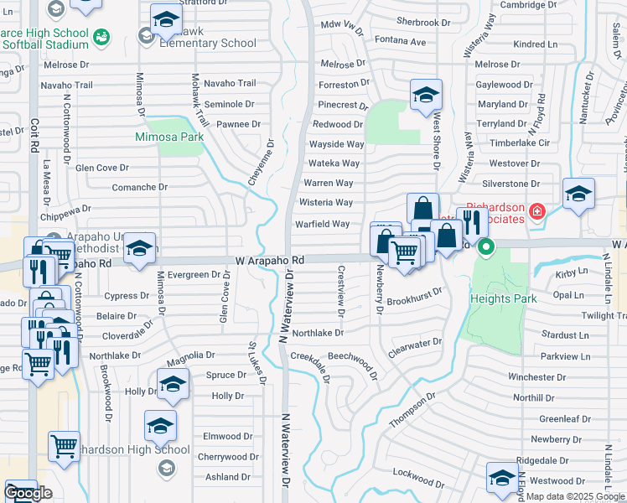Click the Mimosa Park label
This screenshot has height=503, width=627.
pyautogui.click(x=169, y=137)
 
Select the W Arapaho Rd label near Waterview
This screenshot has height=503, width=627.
pyautogui.click(x=268, y=262)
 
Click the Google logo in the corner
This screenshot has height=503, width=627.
pyautogui.click(x=28, y=494)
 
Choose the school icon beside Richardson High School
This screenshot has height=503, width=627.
pyautogui.click(x=160, y=424)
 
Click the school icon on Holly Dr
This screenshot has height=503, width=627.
pyautogui.click(x=173, y=385)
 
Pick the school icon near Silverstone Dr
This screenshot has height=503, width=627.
pyautogui.click(x=578, y=193)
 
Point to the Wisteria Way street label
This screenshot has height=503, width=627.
pyautogui.click(x=326, y=203)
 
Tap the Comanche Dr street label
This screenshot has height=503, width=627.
pyautogui.click(x=135, y=188)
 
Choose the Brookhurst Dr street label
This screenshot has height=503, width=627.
pyautogui.click(x=414, y=297)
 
